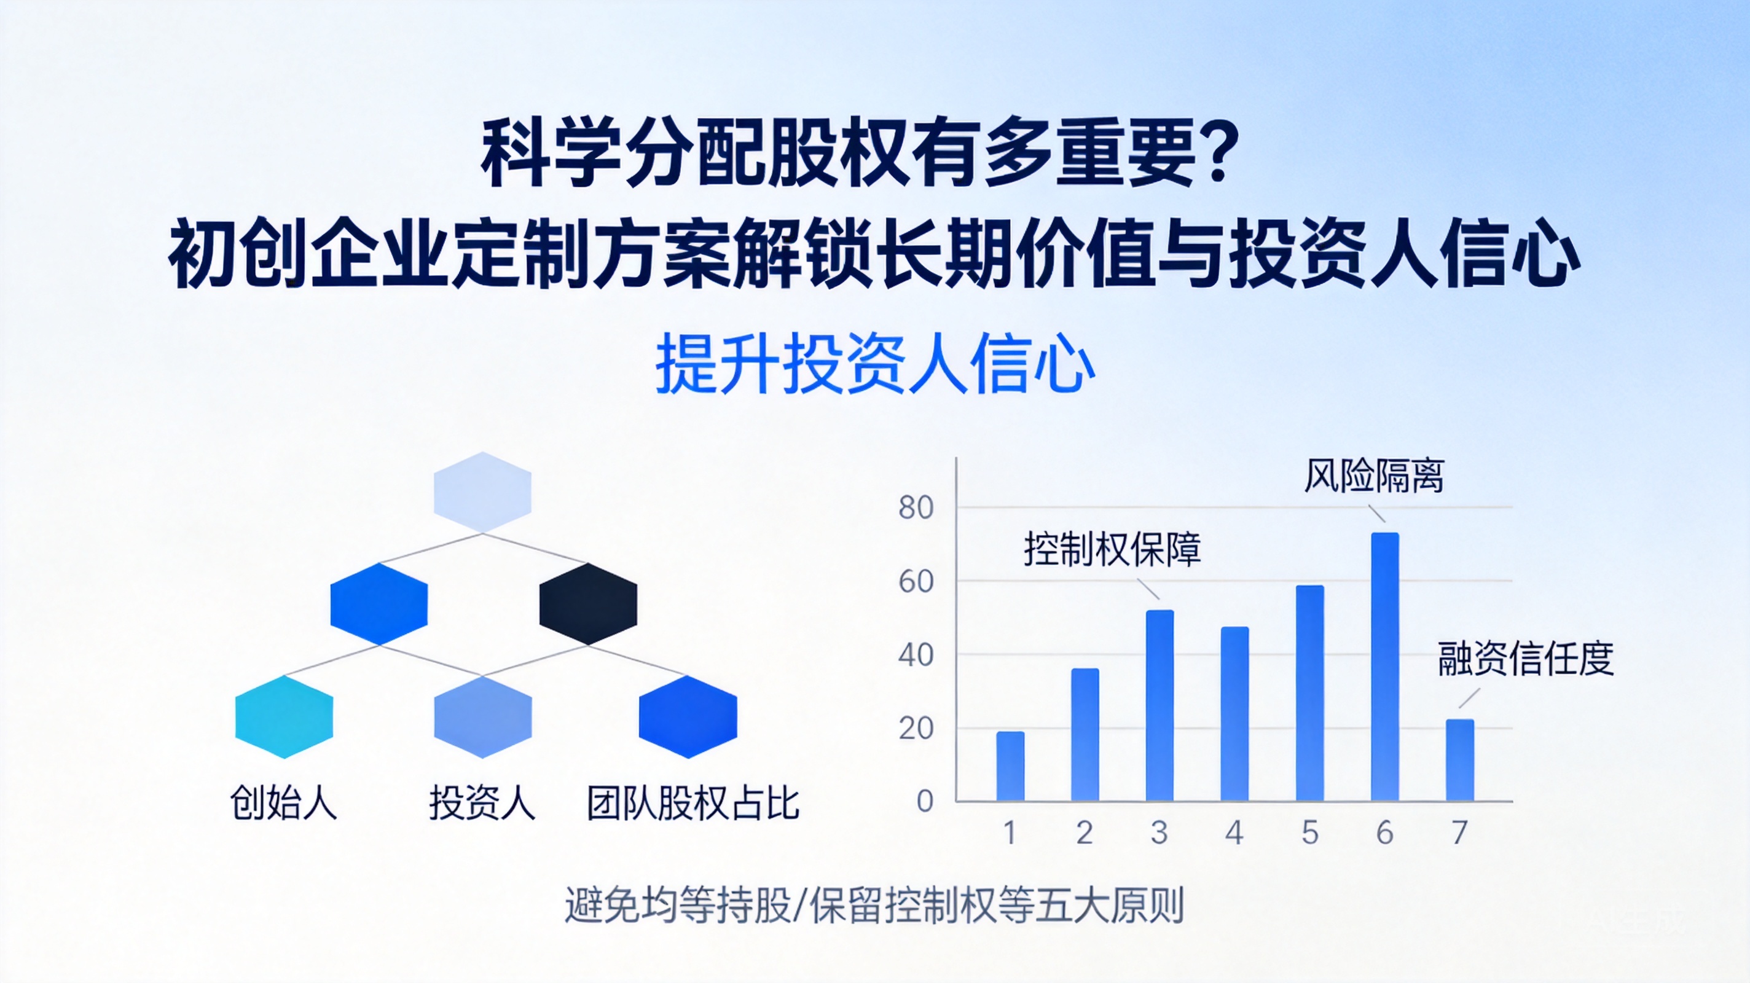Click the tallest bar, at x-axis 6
coord(1384,667)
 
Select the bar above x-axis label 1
coord(1010,766)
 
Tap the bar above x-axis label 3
coord(1159,705)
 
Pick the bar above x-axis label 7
coord(1460,760)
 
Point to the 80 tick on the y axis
coord(916,507)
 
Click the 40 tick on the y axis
coord(916,655)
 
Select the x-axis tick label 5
coord(1310,833)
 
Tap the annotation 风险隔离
coord(1374,476)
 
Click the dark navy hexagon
coord(588,603)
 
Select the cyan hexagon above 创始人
coord(284,717)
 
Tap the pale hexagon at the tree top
coord(482,493)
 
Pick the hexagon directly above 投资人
coord(482,717)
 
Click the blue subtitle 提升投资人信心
coord(875,364)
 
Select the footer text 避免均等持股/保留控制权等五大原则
coord(874,905)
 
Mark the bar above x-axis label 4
coord(1234,714)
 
